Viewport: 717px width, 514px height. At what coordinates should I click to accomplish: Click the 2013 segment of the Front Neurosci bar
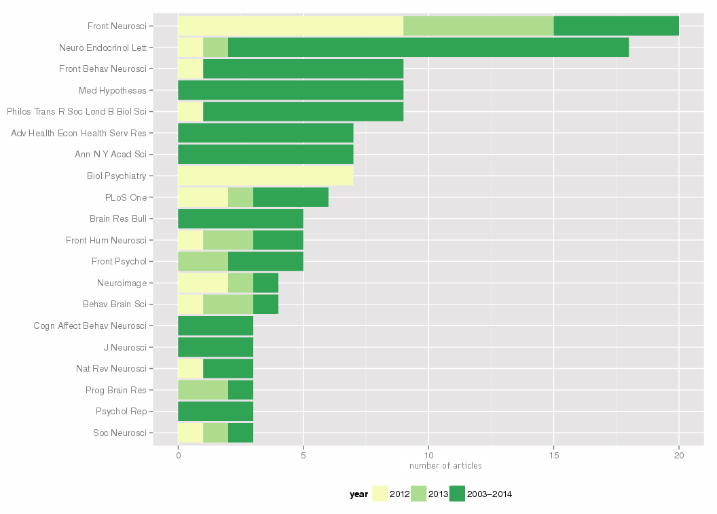(479, 26)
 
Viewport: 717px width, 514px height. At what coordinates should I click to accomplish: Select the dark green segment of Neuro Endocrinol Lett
(428, 47)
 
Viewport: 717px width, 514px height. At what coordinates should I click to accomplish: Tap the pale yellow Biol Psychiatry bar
(265, 176)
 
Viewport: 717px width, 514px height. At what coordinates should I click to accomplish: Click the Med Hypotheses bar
(291, 90)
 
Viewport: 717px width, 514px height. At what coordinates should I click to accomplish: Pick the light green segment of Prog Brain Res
(203, 390)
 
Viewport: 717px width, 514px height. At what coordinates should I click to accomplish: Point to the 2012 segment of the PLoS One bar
(203, 197)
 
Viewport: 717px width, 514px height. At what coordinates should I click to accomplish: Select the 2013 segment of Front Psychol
(203, 261)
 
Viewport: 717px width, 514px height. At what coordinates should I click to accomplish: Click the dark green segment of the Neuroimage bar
(265, 283)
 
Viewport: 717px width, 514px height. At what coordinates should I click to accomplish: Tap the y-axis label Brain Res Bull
(117, 219)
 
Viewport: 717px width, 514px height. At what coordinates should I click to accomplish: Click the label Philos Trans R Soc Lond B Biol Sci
(76, 111)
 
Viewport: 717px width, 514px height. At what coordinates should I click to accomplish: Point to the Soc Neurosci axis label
(119, 433)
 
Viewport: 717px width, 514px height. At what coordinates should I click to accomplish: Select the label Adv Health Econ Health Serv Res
(78, 133)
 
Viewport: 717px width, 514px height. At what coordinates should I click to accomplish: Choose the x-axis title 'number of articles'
(445, 466)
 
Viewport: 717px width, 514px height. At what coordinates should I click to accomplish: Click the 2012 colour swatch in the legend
(380, 494)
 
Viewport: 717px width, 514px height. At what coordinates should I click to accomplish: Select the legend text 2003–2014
(490, 494)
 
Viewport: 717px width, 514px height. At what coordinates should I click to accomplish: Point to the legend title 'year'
(358, 494)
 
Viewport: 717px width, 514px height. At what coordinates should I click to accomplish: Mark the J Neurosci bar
(215, 347)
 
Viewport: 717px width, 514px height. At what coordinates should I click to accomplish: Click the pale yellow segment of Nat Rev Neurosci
(190, 368)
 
